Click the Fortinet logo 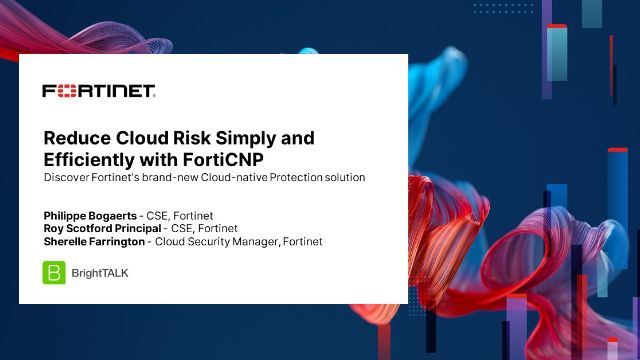[98, 91]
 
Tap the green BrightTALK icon [54, 272]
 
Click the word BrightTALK [100, 272]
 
